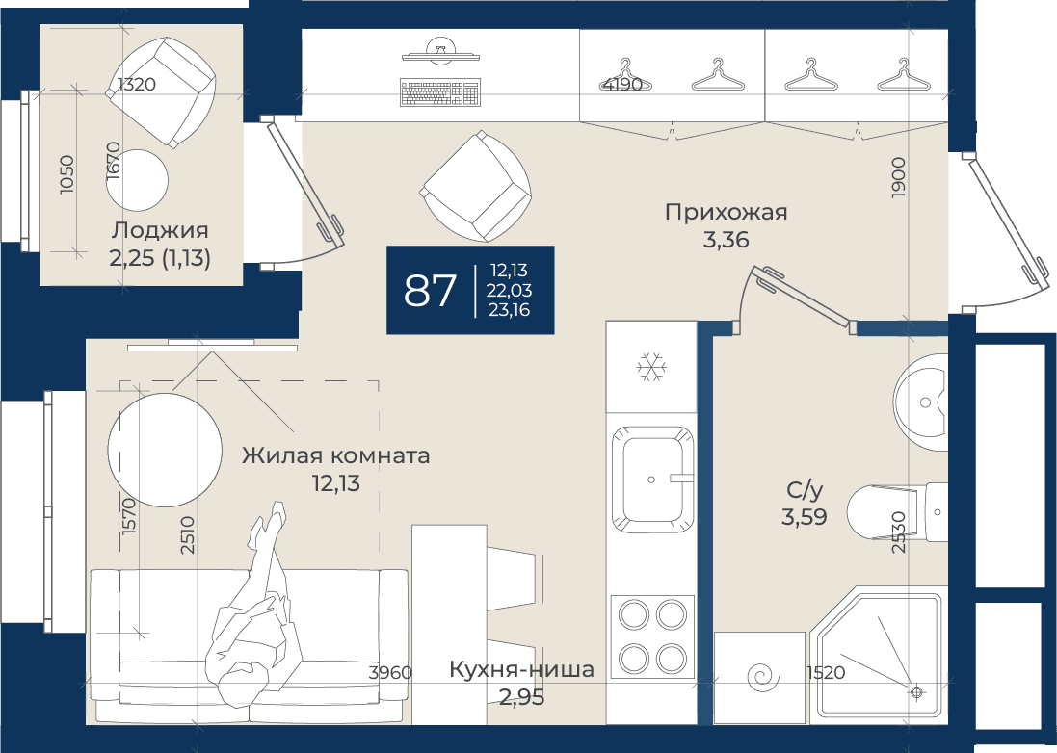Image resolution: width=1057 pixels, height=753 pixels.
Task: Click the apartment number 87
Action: (x=430, y=291)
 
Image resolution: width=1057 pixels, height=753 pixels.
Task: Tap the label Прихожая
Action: (x=726, y=212)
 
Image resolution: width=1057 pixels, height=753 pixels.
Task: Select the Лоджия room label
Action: (x=160, y=230)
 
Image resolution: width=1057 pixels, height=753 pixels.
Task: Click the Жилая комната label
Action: (x=335, y=455)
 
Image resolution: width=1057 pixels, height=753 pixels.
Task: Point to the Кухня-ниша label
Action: (x=522, y=669)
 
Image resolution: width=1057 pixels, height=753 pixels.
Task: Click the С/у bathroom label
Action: (x=805, y=490)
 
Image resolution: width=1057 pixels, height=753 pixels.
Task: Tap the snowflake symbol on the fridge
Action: (x=651, y=367)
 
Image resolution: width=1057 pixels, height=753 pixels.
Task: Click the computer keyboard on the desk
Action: (x=441, y=92)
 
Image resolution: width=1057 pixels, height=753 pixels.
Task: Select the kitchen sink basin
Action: (x=652, y=479)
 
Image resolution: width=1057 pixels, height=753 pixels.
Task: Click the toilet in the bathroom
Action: (x=897, y=512)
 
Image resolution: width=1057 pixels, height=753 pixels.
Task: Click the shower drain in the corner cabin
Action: (x=916, y=691)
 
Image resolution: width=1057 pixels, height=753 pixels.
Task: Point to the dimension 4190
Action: (x=622, y=85)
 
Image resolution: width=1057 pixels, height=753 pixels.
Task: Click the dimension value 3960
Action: (x=391, y=672)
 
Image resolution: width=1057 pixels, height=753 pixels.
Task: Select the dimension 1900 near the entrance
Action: (x=898, y=177)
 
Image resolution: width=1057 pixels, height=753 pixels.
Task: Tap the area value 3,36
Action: (x=726, y=240)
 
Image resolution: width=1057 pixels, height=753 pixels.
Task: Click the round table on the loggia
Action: (x=138, y=180)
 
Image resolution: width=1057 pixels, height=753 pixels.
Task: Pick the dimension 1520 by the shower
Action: (x=825, y=672)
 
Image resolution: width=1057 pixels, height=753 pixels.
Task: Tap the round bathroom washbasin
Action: (x=921, y=402)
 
